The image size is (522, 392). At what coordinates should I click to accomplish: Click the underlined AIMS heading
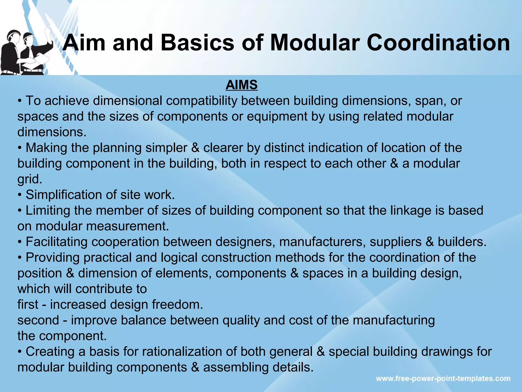pos(241,85)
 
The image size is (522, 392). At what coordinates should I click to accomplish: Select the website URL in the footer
pos(443,378)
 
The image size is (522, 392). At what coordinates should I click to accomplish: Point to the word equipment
pos(277,117)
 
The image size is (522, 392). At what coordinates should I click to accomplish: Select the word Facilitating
pos(57,242)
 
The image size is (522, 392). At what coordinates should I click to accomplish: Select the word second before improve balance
pos(38,320)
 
